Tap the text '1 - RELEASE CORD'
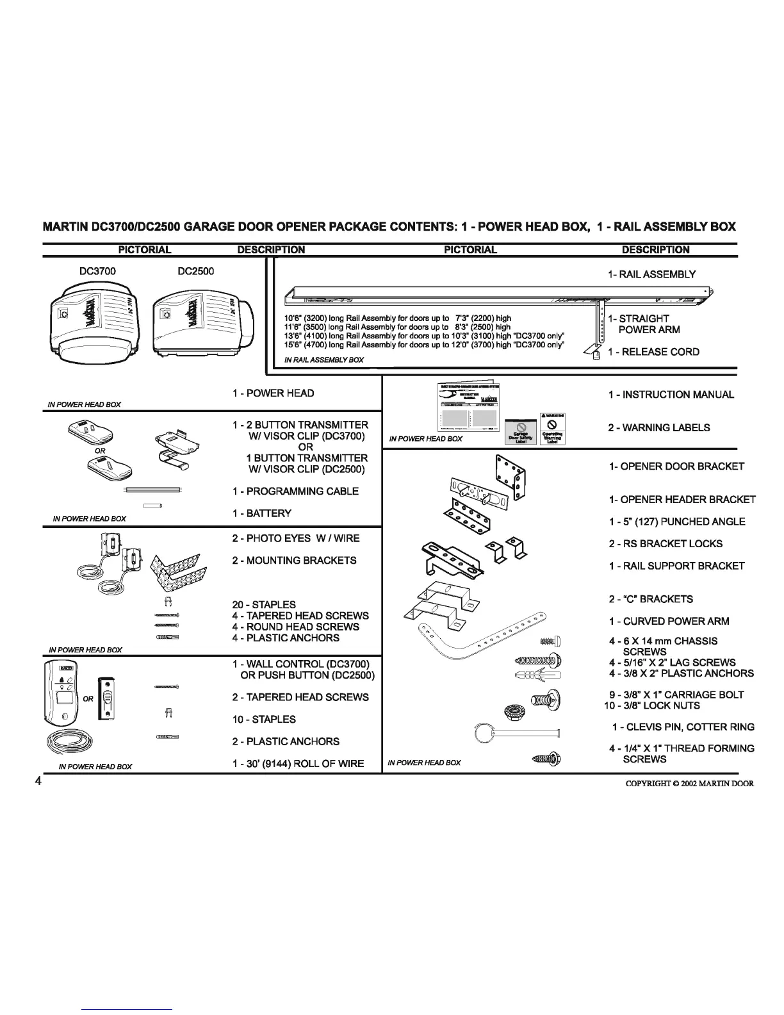pyautogui.click(x=653, y=352)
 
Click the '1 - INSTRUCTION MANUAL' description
pyautogui.click(x=671, y=395)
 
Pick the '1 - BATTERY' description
pyautogui.click(x=261, y=513)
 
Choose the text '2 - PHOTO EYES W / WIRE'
pyautogui.click(x=295, y=538)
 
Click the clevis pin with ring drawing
pyautogui.click(x=516, y=732)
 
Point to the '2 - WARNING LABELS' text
pyautogui.click(x=658, y=427)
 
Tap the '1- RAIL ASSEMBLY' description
pyautogui.click(x=651, y=274)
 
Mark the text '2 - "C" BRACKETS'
pyautogui.click(x=650, y=599)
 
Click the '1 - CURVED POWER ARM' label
pyautogui.click(x=668, y=621)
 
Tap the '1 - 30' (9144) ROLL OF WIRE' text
pyautogui.click(x=298, y=763)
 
